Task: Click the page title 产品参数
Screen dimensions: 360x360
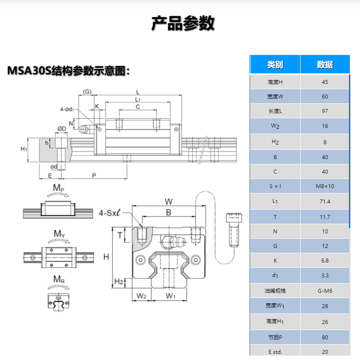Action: click(x=183, y=23)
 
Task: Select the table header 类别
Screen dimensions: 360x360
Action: click(x=275, y=65)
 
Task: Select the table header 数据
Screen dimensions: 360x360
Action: click(x=325, y=65)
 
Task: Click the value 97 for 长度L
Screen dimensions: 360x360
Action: click(x=325, y=111)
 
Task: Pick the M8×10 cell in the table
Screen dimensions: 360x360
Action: click(x=325, y=186)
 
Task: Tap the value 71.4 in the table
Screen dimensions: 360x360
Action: click(x=325, y=201)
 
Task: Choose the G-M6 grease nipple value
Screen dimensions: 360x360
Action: click(x=325, y=290)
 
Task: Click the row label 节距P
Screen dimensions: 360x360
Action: click(x=275, y=337)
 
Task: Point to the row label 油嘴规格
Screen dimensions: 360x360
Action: click(x=275, y=290)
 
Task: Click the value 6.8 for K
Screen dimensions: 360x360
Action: click(x=325, y=260)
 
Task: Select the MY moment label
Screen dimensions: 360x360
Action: click(x=59, y=234)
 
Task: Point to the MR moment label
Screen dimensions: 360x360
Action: click(x=59, y=280)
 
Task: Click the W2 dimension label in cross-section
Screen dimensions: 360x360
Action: click(x=141, y=296)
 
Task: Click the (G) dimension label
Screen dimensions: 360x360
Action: click(x=87, y=91)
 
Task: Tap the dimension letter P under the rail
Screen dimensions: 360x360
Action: click(x=94, y=175)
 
